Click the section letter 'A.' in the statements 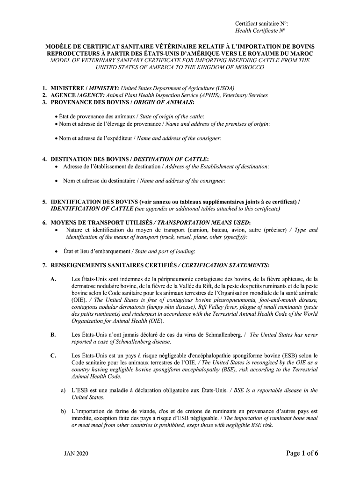coord(53,279)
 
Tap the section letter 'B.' coord(53,334)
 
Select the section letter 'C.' coord(53,356)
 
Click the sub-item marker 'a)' coord(63,390)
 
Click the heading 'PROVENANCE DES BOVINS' coord(82,102)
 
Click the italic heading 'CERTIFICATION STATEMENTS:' coord(225,265)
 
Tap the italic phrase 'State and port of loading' coord(164,251)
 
